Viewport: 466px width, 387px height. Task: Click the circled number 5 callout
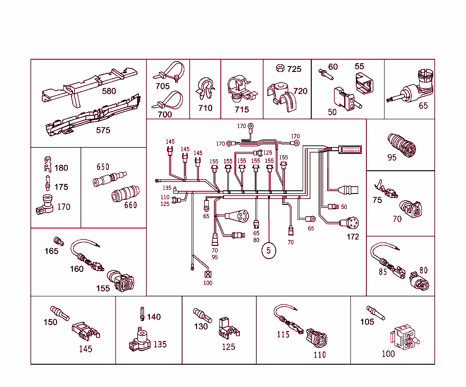(x=268, y=250)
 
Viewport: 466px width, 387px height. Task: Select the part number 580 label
(x=109, y=91)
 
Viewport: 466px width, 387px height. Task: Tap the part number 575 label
(x=103, y=130)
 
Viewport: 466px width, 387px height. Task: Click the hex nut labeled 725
(x=280, y=69)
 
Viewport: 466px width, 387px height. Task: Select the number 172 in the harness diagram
(x=353, y=237)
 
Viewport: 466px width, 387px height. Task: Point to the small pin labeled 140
(x=142, y=314)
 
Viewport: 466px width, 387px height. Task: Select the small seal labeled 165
(x=58, y=240)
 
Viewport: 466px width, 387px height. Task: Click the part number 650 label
(x=103, y=167)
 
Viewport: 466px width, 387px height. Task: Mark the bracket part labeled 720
(x=280, y=95)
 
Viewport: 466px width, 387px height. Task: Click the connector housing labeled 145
(x=85, y=331)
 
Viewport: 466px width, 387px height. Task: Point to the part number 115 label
(x=283, y=334)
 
